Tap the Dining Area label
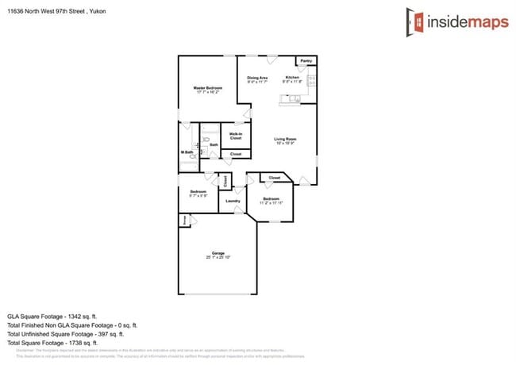257,78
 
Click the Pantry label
306,61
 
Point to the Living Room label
285,140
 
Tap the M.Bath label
187,152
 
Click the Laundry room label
233,201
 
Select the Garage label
217,253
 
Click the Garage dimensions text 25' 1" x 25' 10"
217,257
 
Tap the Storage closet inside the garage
184,221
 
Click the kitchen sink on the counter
291,99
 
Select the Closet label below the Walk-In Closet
236,154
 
